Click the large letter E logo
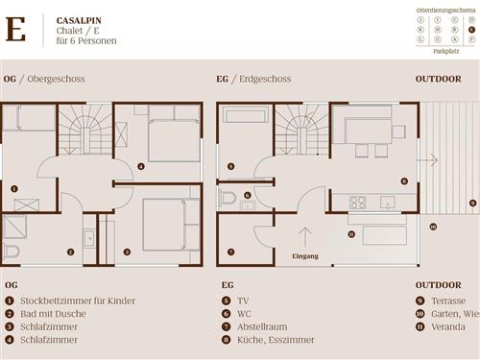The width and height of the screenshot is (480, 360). click(15, 30)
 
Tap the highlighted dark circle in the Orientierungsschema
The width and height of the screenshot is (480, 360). click(471, 29)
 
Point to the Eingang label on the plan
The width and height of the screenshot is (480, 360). click(305, 257)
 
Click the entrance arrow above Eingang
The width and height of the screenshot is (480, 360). click(305, 236)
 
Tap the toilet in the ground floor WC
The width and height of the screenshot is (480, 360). click(228, 198)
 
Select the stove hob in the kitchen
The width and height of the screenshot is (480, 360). click(358, 203)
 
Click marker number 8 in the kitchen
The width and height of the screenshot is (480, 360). click(404, 180)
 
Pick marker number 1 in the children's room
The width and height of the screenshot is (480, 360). click(13, 189)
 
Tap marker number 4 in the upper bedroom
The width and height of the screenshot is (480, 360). click(141, 166)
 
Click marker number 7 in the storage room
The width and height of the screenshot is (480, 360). click(230, 252)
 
